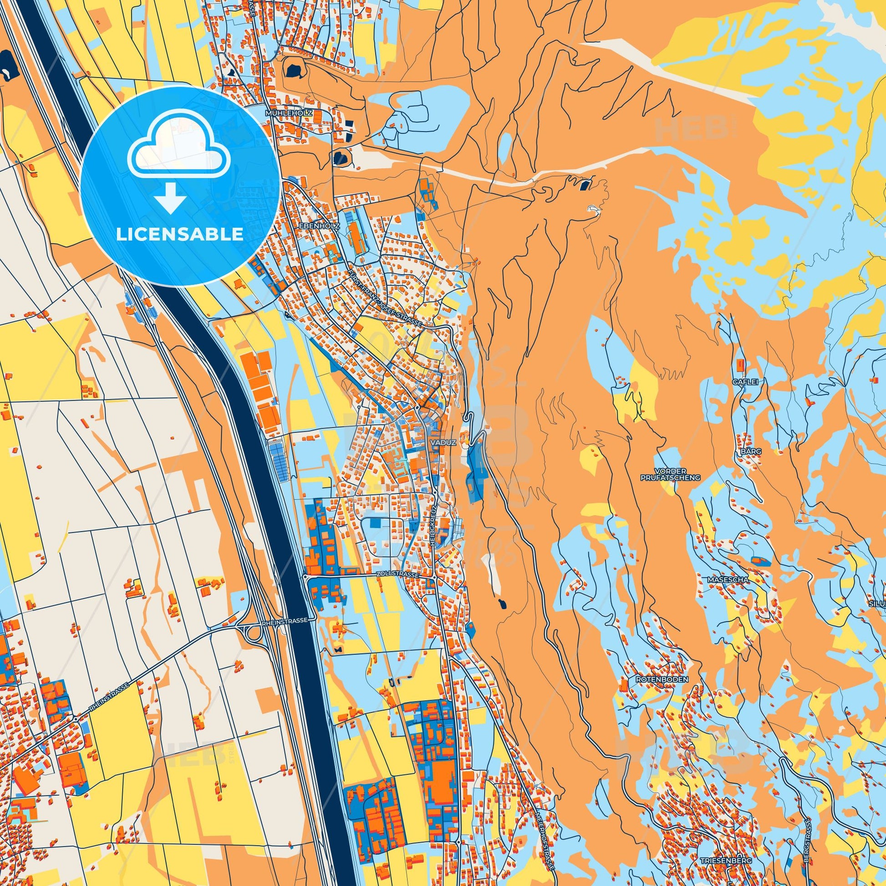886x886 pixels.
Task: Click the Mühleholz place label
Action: coord(289,112)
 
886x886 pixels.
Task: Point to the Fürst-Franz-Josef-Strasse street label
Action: coord(385,299)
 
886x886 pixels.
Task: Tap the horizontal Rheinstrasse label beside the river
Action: coord(284,621)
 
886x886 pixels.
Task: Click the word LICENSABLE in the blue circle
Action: coord(179,234)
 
